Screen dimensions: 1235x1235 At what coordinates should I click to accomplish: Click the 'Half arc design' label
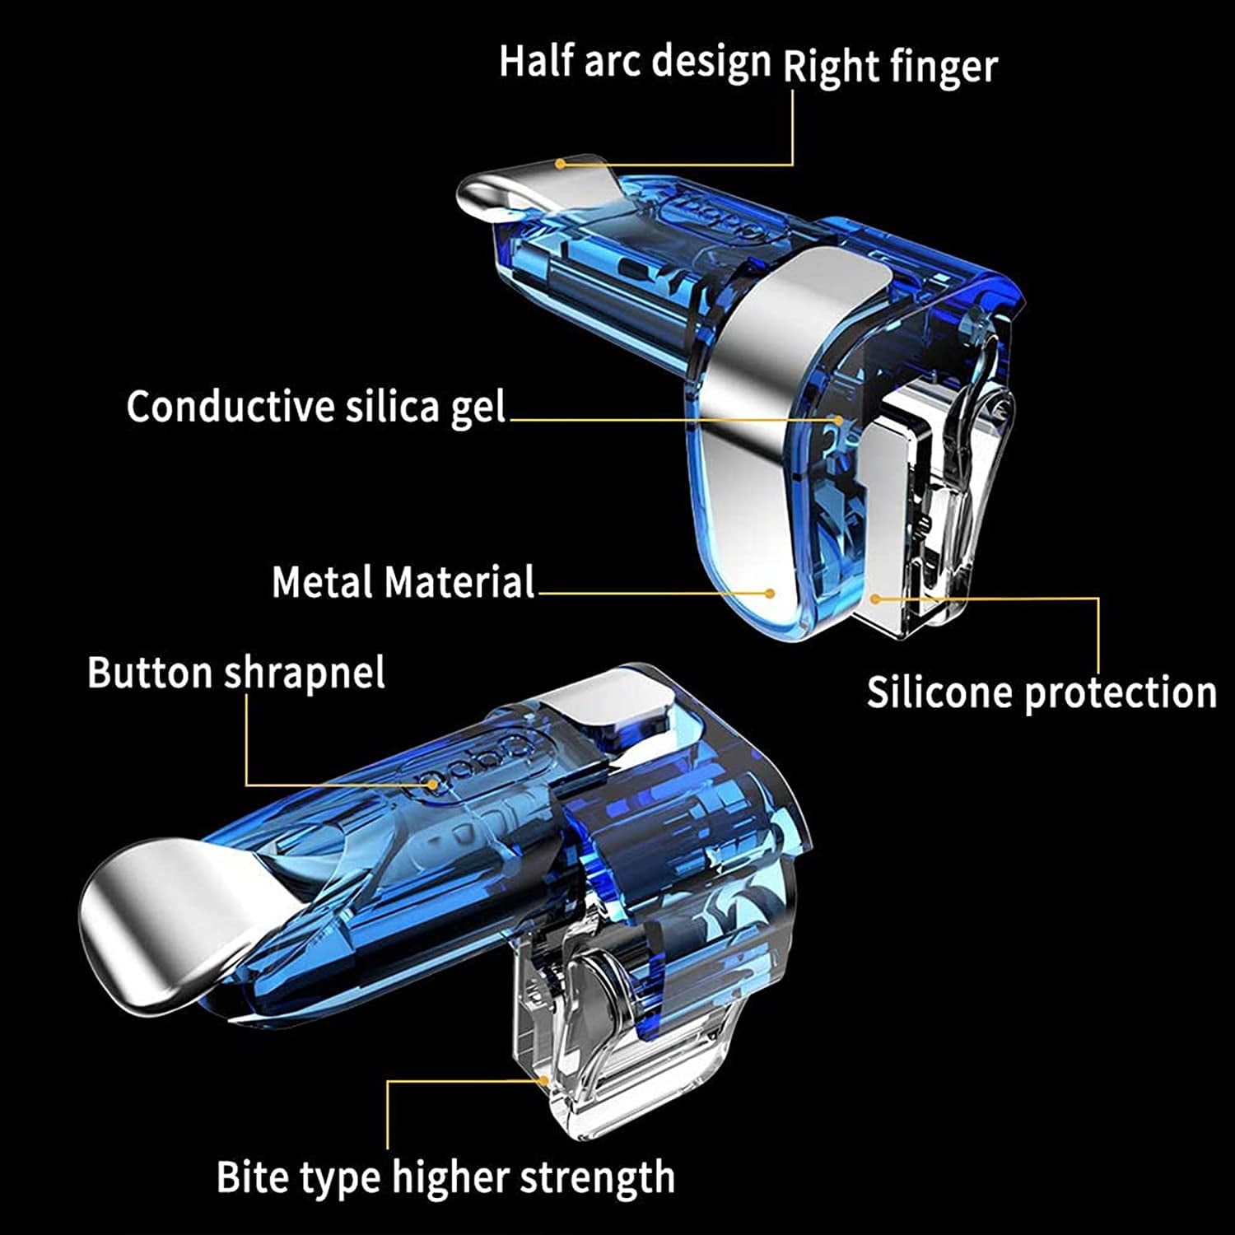635,62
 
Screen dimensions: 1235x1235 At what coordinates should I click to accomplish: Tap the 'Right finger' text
890,67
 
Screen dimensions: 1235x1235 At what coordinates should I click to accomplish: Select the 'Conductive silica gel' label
316,408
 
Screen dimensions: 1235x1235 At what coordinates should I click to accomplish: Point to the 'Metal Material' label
403,582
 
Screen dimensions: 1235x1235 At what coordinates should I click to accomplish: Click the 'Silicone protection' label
1042,692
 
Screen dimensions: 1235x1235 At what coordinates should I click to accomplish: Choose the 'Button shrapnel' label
236,673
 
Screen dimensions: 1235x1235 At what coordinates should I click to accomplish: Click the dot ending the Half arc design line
560,163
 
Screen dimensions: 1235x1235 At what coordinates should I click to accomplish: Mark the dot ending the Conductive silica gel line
838,420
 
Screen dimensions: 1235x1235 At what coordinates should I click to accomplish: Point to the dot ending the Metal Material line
770,593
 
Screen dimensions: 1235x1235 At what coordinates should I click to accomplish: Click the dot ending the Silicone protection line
876,599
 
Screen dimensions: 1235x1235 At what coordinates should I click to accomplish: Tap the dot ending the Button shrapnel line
431,785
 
